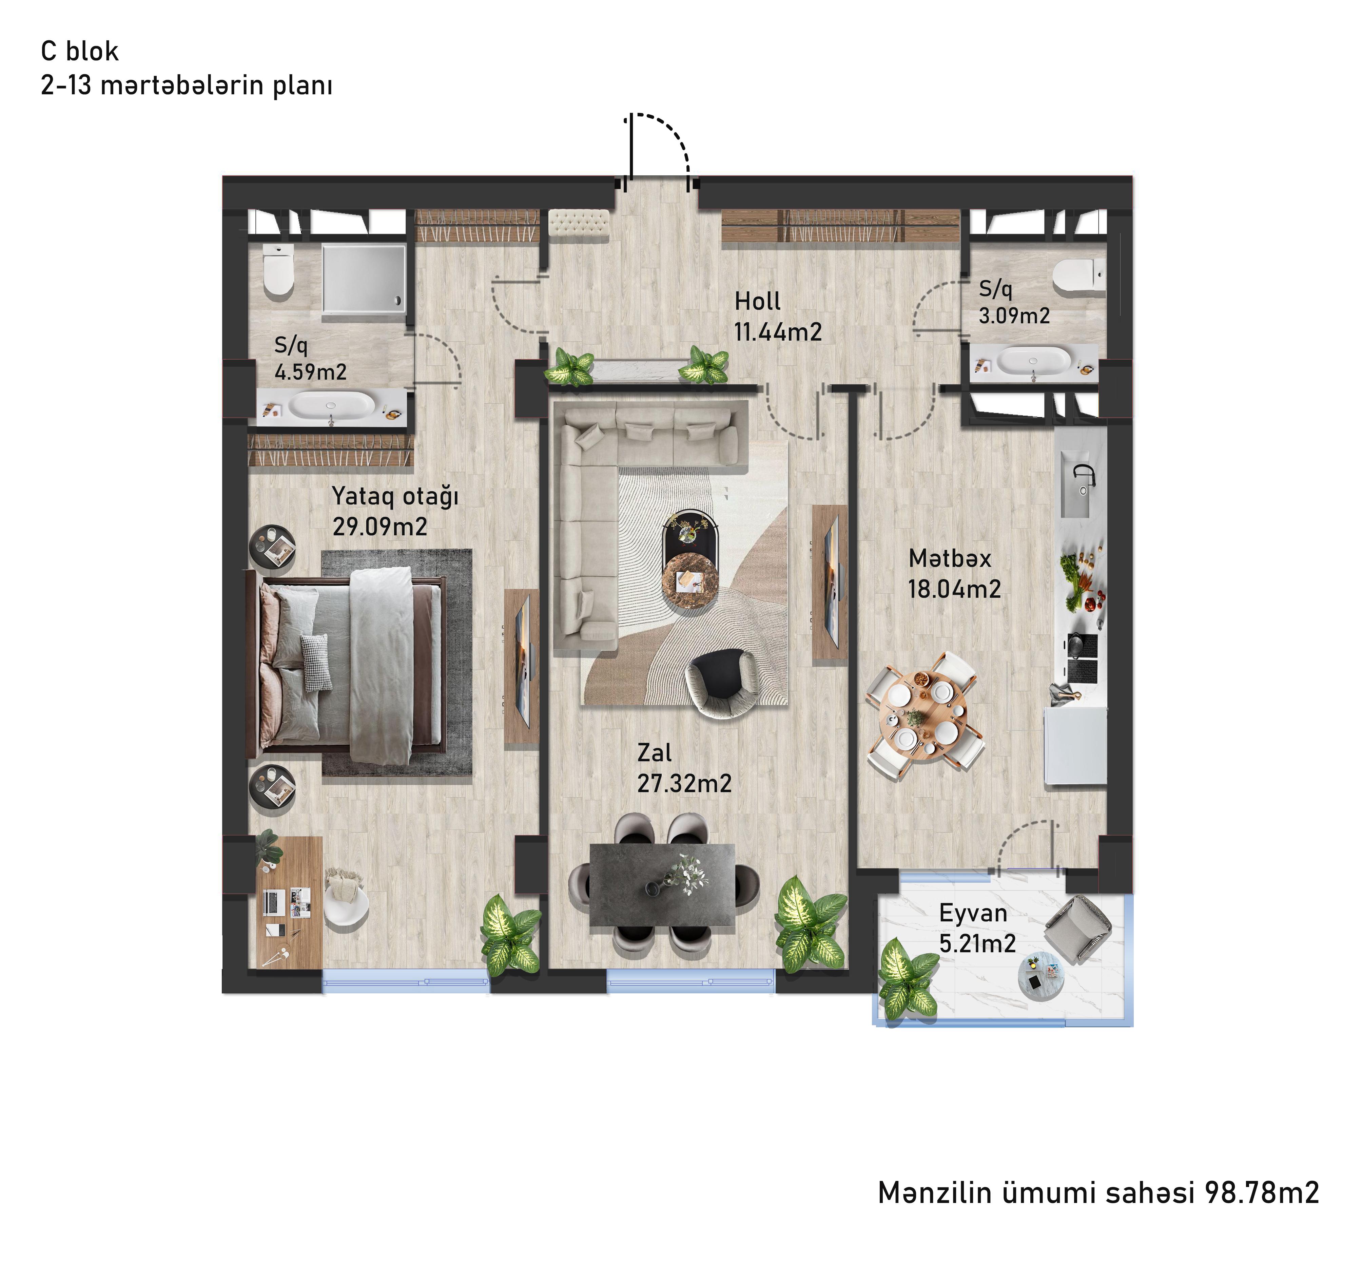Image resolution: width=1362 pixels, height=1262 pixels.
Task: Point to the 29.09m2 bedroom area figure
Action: [380, 527]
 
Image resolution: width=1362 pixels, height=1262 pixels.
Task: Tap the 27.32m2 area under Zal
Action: [684, 783]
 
